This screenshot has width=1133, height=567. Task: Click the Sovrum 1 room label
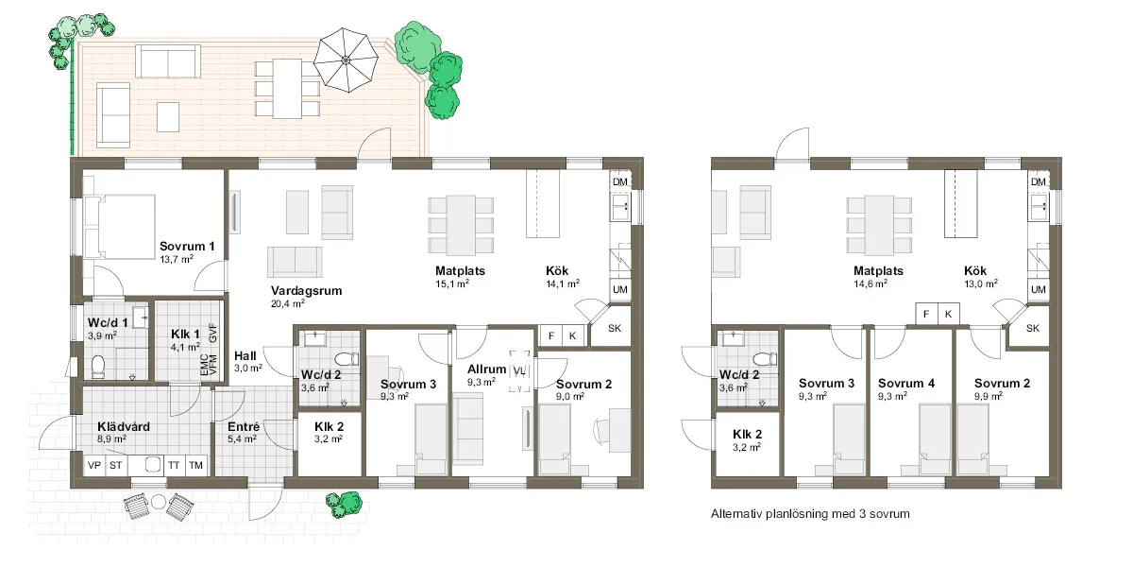click(187, 247)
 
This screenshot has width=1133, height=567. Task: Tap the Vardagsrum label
click(307, 291)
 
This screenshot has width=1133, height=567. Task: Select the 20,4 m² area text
click(288, 303)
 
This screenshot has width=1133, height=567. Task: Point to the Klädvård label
click(124, 427)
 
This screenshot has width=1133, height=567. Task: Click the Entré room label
click(244, 427)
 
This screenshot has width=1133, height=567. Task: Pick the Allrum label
click(486, 369)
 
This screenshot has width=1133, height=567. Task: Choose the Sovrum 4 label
click(906, 384)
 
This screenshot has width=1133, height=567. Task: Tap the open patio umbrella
click(346, 60)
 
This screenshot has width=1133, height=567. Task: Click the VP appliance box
click(94, 465)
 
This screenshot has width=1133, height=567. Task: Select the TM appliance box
click(195, 465)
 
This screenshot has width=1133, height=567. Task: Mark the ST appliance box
click(116, 465)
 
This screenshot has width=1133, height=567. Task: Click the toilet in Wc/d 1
click(98, 367)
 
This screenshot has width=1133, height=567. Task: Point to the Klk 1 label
click(185, 335)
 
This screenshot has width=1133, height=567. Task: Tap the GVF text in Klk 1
click(213, 333)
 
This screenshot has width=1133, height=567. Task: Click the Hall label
click(245, 356)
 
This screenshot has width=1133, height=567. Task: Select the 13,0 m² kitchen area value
click(981, 284)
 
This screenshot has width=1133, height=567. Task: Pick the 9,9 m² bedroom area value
click(989, 396)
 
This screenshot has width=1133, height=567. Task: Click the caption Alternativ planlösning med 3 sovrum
click(810, 514)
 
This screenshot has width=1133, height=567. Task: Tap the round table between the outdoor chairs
click(159, 502)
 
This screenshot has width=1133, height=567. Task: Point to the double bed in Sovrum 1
click(120, 228)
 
